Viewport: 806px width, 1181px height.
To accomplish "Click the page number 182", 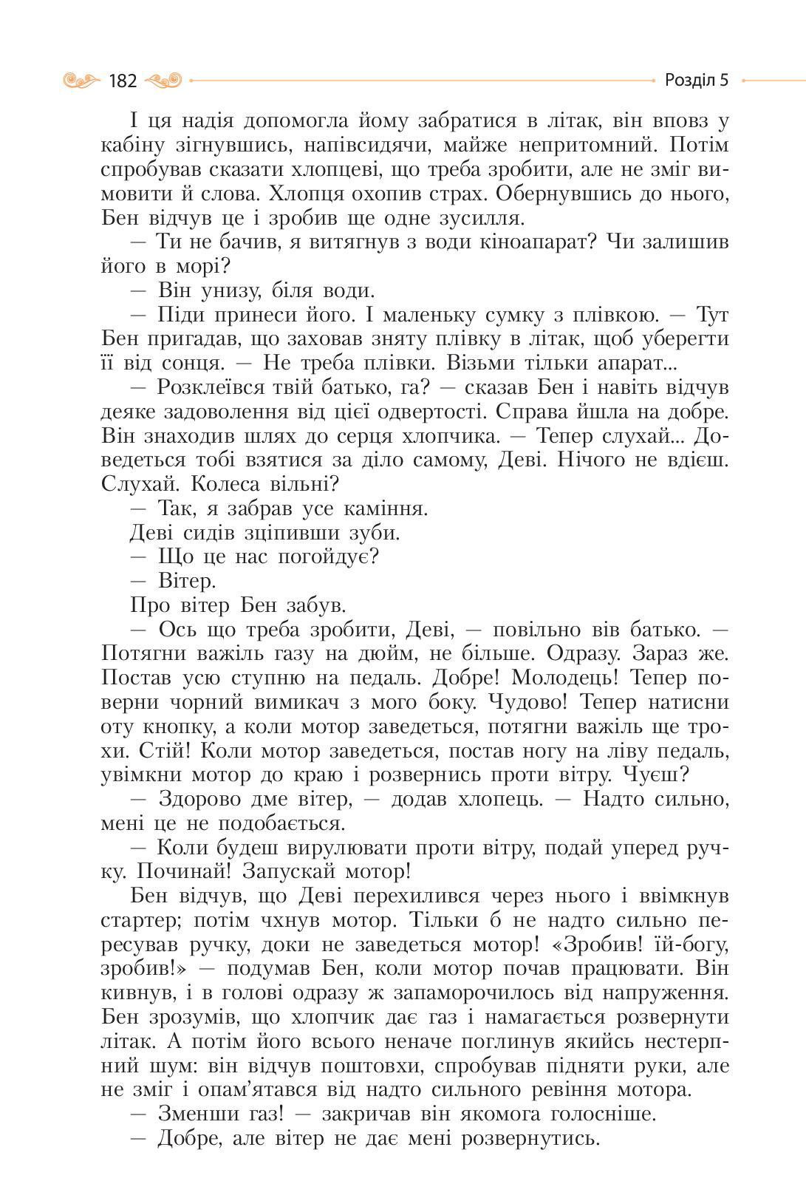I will pos(123,81).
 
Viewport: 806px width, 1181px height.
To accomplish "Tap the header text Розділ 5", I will pos(696,80).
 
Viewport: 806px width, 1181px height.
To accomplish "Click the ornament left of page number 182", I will pos(82,80).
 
